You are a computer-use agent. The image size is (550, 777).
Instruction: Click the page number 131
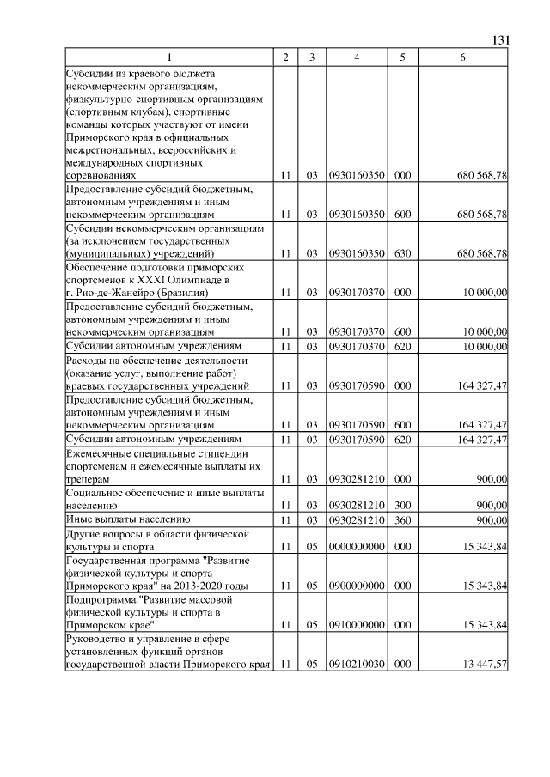coord(501,39)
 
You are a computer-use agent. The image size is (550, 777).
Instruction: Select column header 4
coord(356,58)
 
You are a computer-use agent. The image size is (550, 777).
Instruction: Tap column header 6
coord(462,58)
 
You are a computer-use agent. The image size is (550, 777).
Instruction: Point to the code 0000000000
coord(356,546)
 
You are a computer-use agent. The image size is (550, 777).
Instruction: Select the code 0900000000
coord(356,586)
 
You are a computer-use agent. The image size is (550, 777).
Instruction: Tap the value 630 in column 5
coord(403,253)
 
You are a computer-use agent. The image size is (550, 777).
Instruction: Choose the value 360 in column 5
coord(403,519)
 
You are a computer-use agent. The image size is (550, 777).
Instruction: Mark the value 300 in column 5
coord(403,507)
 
